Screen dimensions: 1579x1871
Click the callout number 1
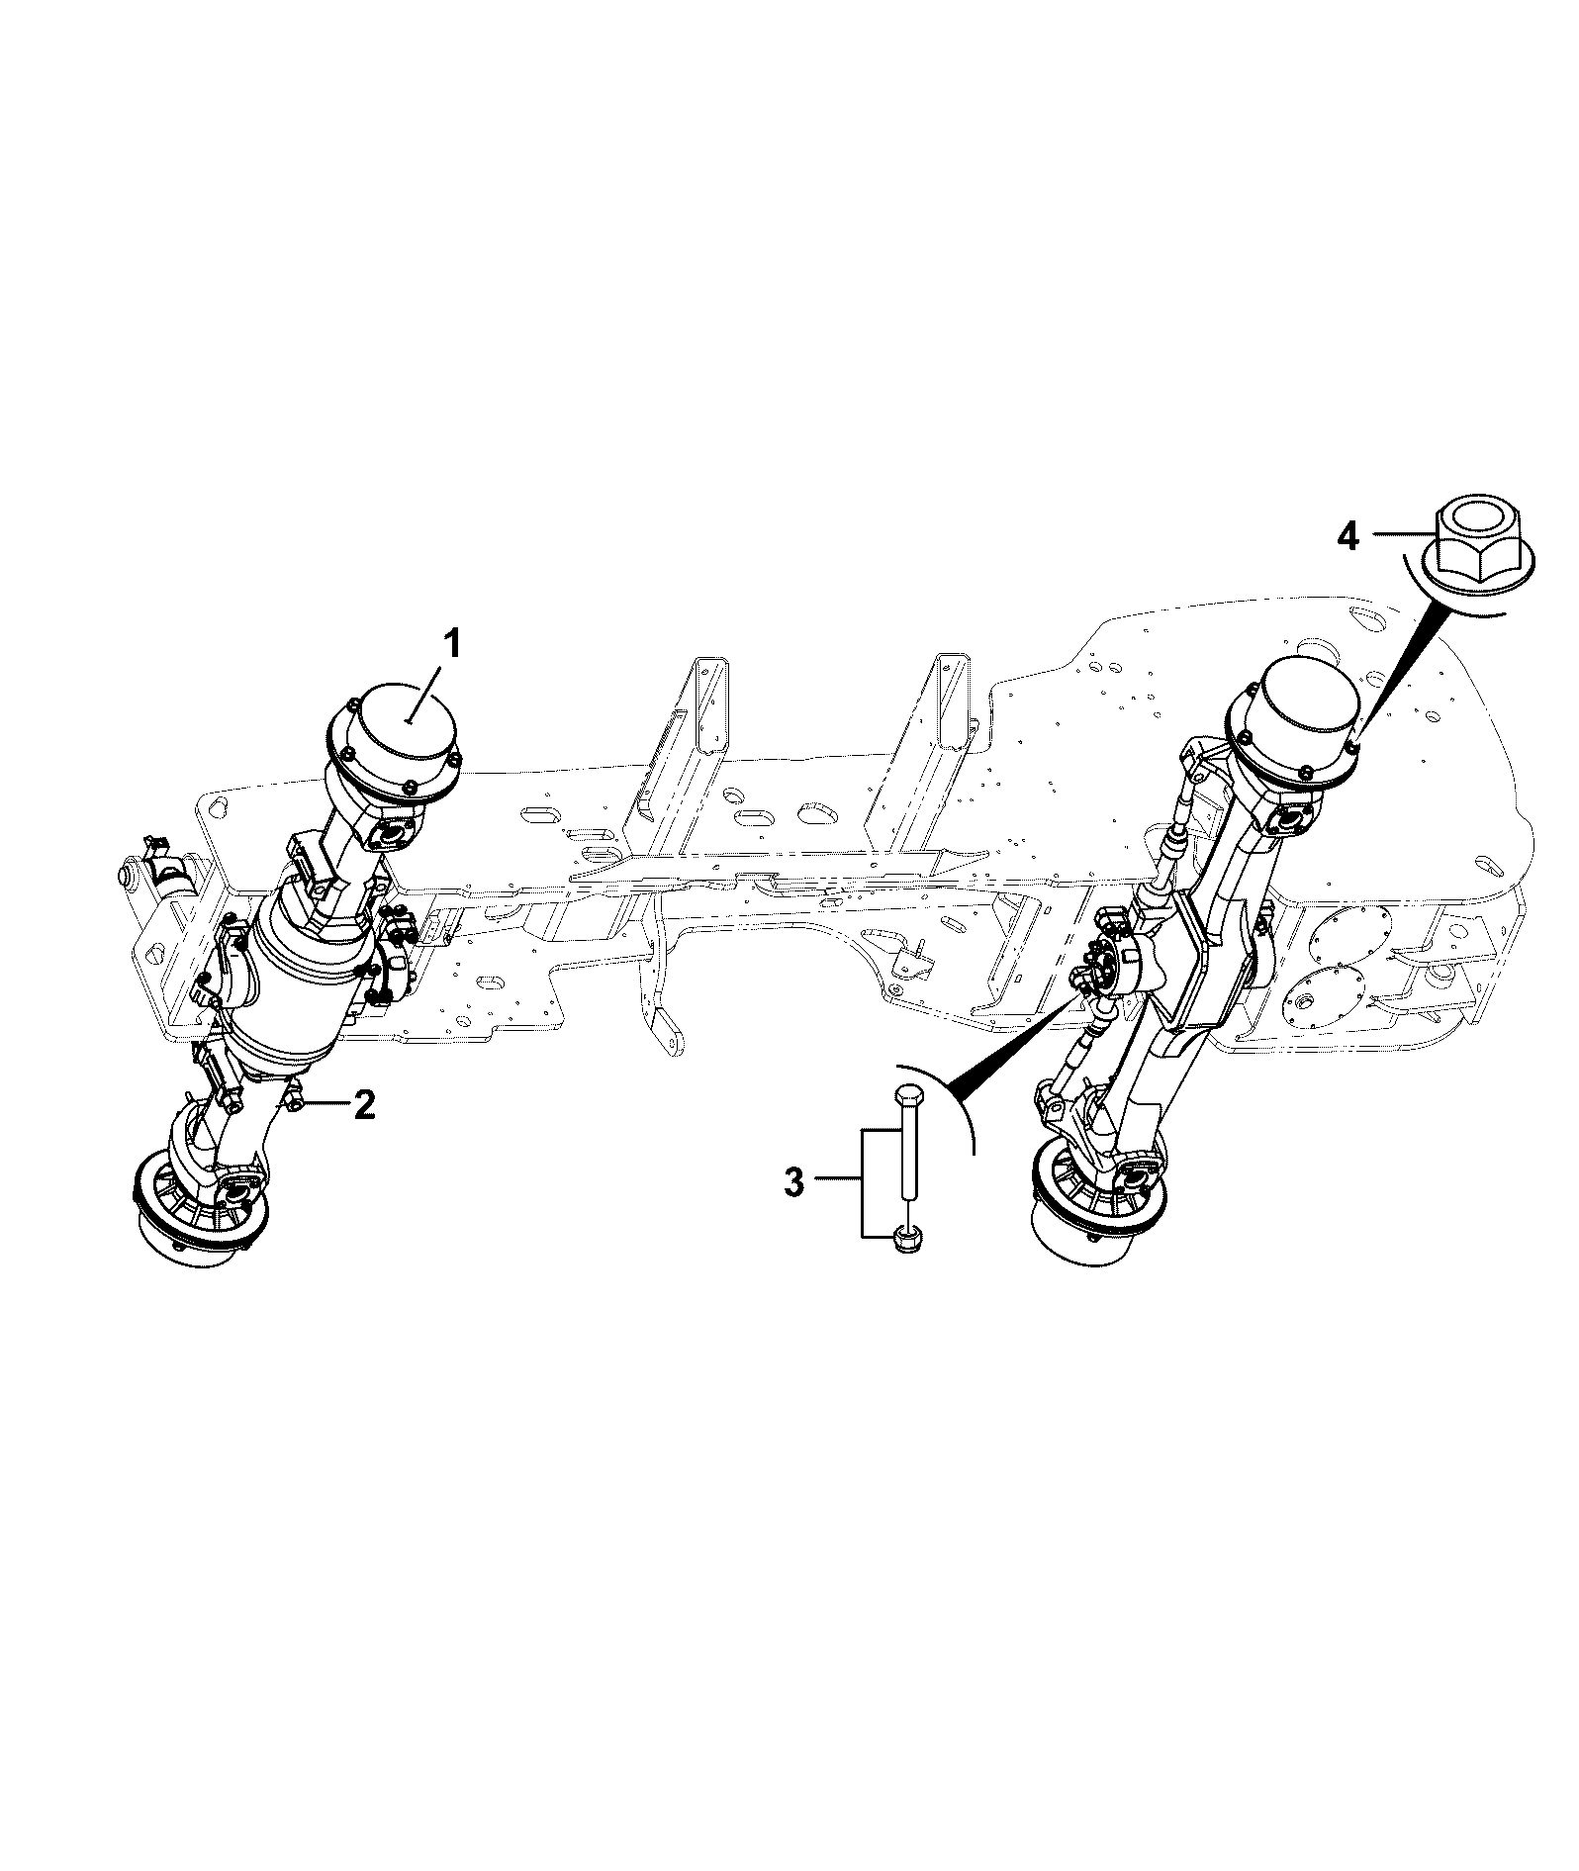[451, 646]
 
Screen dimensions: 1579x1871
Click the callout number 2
[363, 1104]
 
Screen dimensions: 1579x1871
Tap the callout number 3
[793, 1183]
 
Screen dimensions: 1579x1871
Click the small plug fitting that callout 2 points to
[296, 1099]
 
